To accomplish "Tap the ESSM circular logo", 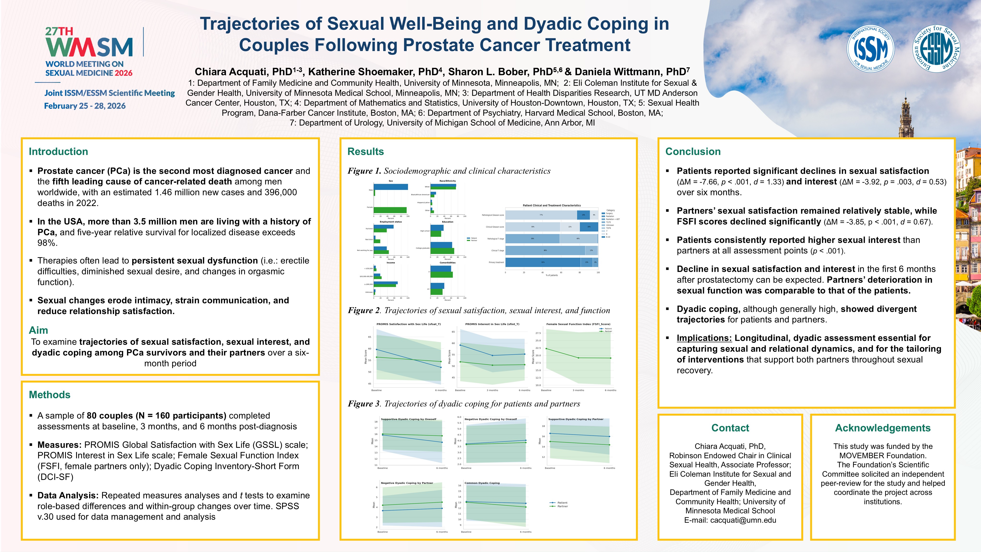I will coord(936,49).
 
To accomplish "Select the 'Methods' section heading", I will coord(50,395).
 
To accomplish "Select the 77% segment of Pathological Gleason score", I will coord(541,215).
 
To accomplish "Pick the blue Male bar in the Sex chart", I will coord(391,187).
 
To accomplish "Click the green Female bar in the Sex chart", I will coord(390,210).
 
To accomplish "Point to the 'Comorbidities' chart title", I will coord(447,262).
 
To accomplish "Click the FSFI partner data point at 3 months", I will coord(578,358).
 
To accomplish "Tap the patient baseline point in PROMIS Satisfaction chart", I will coord(377,349).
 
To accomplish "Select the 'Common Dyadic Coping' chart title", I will coord(482,483).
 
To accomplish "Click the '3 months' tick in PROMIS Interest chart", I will coord(492,390).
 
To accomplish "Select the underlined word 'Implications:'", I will coord(704,338).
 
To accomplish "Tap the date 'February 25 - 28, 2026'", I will coord(85,106).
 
